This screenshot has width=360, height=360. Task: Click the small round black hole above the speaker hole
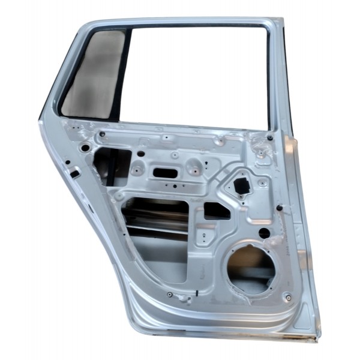click(x=263, y=233)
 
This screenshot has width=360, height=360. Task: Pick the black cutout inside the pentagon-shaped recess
click(x=242, y=185)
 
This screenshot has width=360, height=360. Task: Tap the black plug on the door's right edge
click(x=280, y=207)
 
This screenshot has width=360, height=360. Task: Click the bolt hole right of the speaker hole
click(x=289, y=297)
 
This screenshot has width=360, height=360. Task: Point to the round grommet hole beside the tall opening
click(x=85, y=148)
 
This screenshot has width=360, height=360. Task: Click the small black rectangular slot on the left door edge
click(x=74, y=174)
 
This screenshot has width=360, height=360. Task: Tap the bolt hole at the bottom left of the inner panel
click(x=170, y=295)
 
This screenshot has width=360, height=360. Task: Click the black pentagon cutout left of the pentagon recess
click(x=215, y=211)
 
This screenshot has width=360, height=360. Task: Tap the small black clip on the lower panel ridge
click(x=196, y=294)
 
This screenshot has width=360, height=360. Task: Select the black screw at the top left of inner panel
click(x=101, y=134)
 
